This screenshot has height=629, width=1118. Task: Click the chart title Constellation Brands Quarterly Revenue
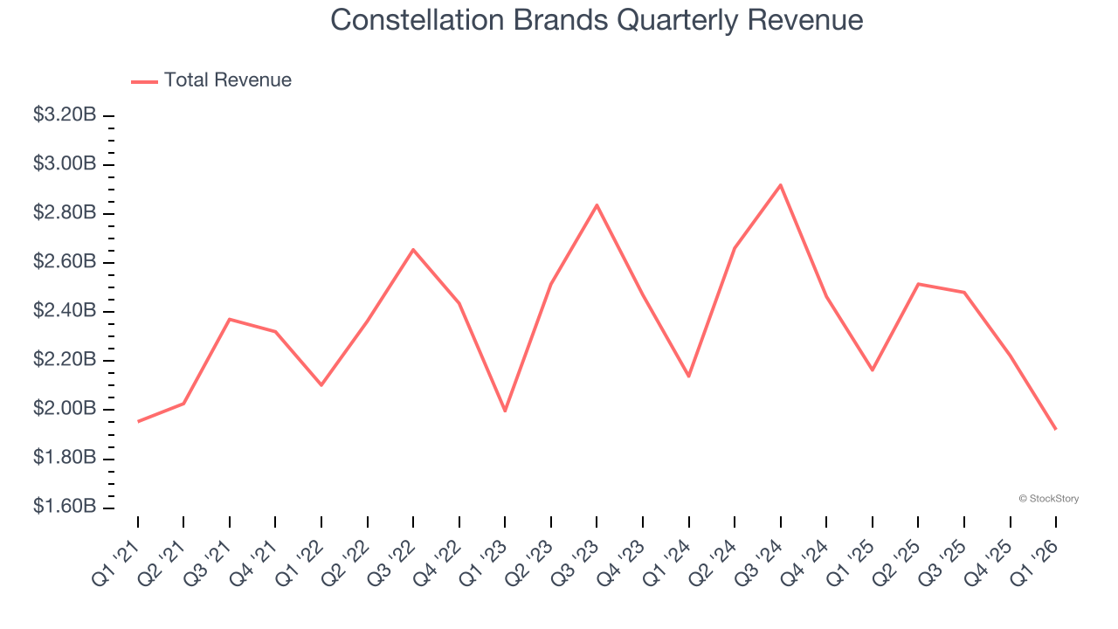tap(597, 20)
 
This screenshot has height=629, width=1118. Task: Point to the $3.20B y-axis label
tap(64, 115)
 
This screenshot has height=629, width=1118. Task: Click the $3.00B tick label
tap(64, 164)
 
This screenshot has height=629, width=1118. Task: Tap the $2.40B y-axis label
tap(64, 312)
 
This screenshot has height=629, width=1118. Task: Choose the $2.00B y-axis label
tap(64, 410)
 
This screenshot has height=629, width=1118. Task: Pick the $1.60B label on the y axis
tap(64, 508)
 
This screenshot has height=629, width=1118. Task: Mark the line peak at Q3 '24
tap(780, 184)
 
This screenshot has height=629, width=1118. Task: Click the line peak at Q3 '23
tap(597, 205)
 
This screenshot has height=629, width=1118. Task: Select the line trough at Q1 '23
tap(505, 411)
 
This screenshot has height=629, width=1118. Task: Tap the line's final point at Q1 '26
tap(1055, 429)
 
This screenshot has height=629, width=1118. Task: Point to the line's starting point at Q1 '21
tap(138, 421)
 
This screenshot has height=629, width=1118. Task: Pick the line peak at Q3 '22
tap(413, 250)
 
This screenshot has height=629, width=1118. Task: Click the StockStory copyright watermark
tap(1048, 499)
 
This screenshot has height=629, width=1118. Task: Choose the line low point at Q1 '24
tap(688, 377)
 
